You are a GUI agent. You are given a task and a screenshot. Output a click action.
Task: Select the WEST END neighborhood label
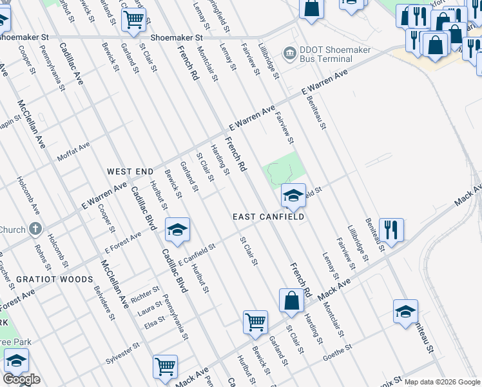click(x=130, y=172)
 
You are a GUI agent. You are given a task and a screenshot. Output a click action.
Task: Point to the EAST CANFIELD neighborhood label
click(x=268, y=217)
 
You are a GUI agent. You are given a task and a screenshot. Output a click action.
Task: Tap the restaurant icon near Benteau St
click(x=391, y=229)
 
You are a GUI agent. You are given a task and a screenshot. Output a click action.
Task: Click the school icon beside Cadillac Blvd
click(x=178, y=229)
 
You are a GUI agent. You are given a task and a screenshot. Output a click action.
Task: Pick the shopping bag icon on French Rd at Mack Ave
click(x=291, y=301)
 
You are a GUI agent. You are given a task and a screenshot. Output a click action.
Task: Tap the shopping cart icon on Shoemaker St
click(x=134, y=19)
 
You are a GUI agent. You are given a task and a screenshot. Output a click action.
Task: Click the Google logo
click(x=21, y=379)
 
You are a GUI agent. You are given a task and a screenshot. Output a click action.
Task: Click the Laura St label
click(x=149, y=312)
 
